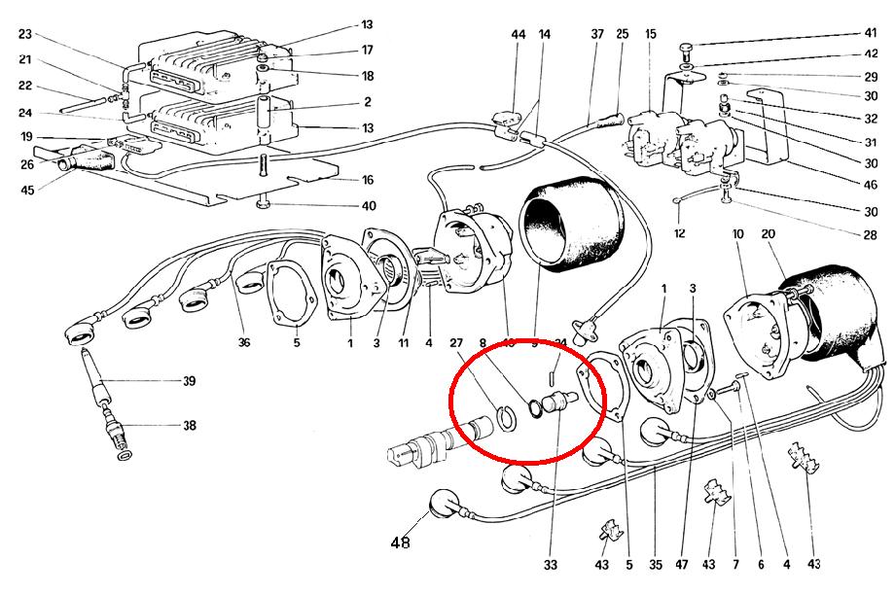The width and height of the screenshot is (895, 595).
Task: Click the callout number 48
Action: (x=400, y=542)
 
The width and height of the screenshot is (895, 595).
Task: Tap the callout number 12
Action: (x=681, y=233)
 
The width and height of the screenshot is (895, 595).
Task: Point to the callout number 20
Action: (x=769, y=234)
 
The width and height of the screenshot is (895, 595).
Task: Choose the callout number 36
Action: (x=243, y=342)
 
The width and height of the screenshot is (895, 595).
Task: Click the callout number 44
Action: (x=519, y=35)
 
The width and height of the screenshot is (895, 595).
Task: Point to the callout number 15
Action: (x=650, y=35)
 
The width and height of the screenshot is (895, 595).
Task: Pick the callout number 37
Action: (x=597, y=35)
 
